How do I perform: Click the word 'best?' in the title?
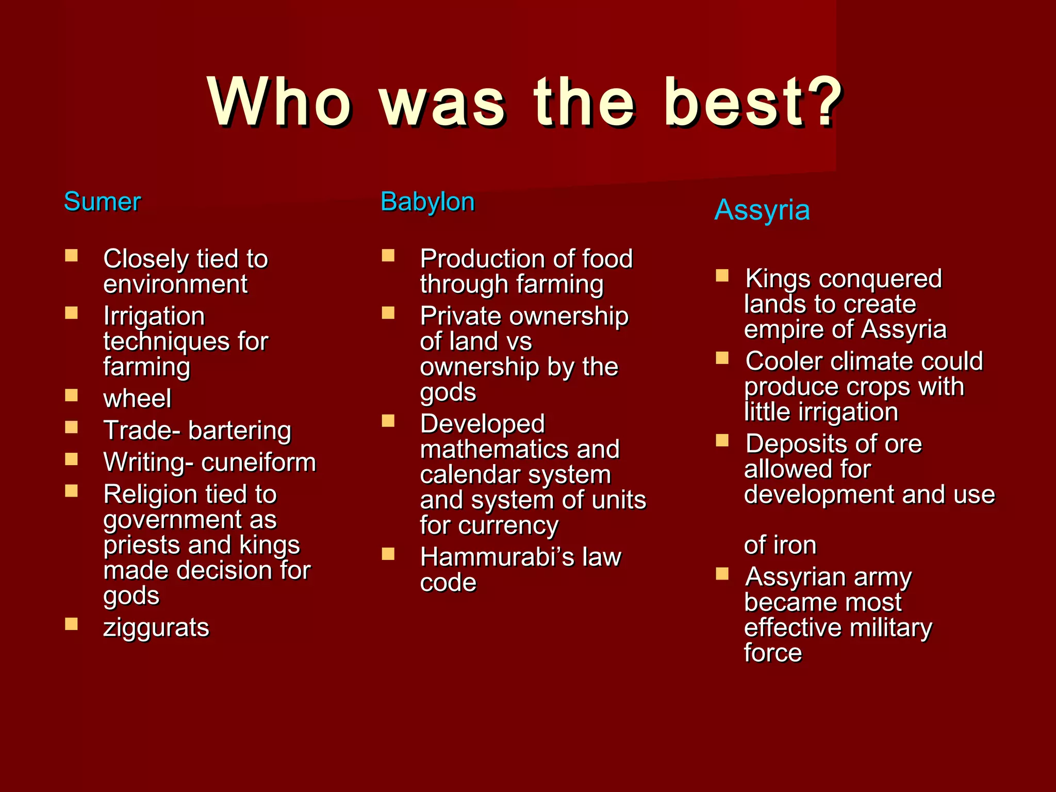753,102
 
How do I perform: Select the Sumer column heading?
102,202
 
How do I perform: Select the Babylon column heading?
427,202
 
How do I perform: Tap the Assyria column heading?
762,210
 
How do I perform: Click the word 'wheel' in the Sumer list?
137,399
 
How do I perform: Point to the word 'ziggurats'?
156,628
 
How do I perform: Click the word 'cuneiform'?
259,463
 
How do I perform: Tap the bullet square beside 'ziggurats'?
71,624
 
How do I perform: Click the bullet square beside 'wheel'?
71,395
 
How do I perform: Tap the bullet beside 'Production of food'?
388,256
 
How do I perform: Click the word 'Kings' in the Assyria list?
778,279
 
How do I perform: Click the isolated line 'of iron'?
780,545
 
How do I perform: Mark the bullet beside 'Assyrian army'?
722,574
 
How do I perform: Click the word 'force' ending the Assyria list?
773,653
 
